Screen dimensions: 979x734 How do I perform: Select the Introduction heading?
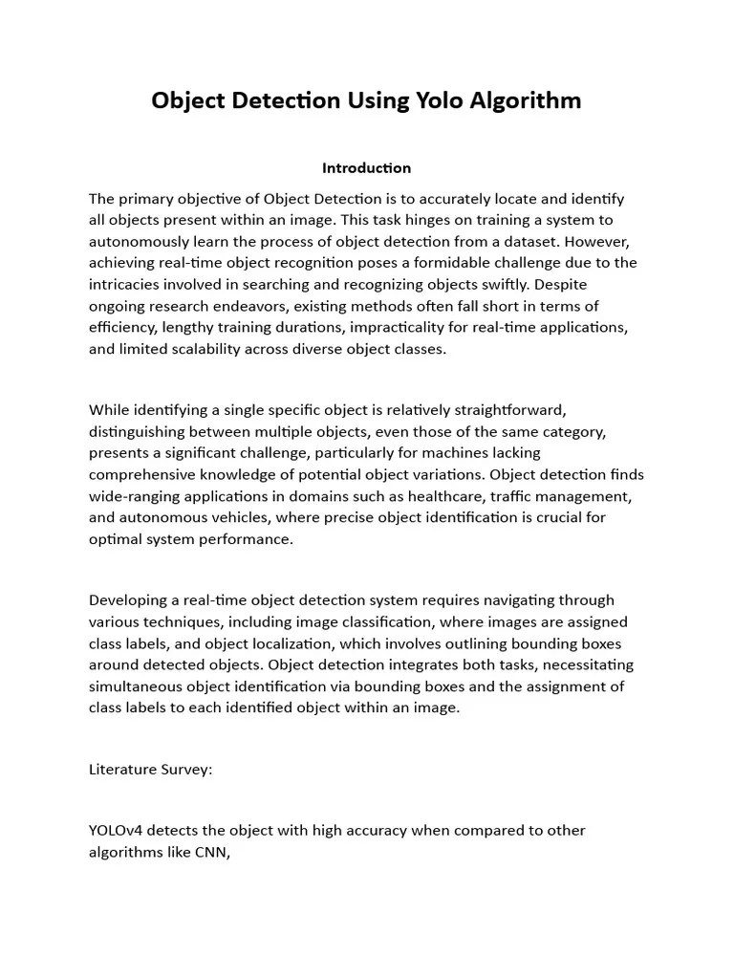pos(367,168)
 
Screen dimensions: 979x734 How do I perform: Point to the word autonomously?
pos(138,241)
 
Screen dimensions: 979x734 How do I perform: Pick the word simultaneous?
pos(136,685)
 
